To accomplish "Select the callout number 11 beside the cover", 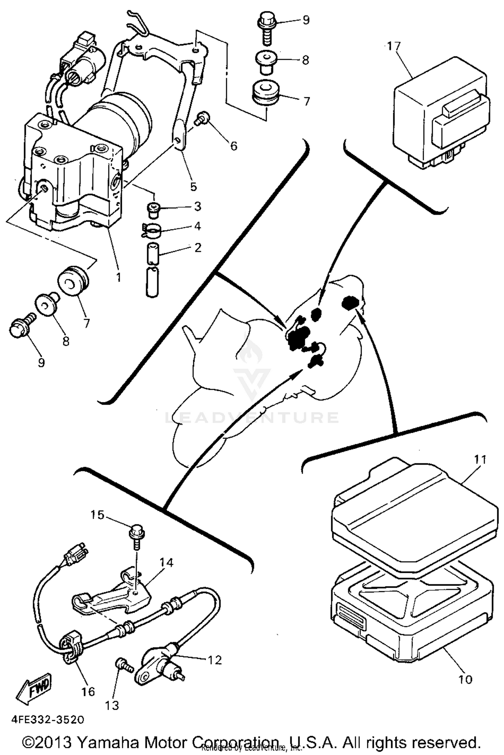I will point(480,459).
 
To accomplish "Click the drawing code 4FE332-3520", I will point(48,720).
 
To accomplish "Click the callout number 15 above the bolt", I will point(97,514).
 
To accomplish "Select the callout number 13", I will point(112,706).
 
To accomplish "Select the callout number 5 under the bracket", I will point(194,187).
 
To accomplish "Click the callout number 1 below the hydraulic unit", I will point(118,277).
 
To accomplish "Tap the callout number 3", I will point(198,206).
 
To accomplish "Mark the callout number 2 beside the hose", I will point(198,248).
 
